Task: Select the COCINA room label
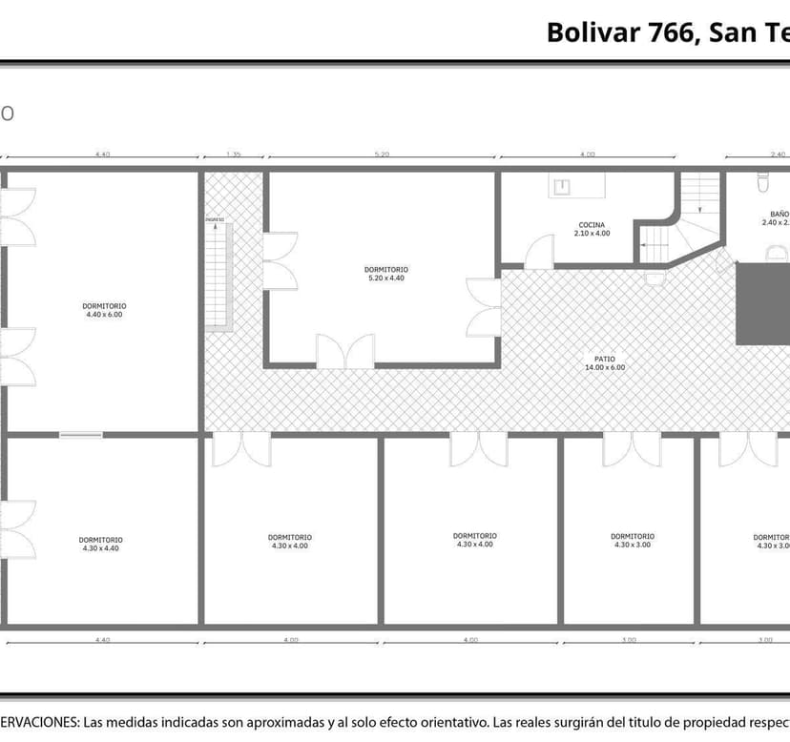pos(591,225)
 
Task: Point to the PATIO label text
pos(604,360)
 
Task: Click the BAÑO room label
pos(780,214)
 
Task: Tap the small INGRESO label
pos(215,219)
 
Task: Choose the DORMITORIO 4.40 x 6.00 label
pos(104,305)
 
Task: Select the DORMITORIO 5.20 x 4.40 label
pos(385,269)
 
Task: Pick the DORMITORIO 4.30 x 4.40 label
pos(100,540)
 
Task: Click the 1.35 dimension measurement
pos(233,154)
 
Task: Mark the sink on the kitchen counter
pos(564,186)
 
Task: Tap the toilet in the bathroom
pos(762,181)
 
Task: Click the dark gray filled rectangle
pos(763,303)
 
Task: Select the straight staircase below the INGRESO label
pos(219,277)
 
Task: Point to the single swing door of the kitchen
pos(540,252)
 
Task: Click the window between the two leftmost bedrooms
pos(81,435)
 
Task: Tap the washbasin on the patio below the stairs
pos(656,278)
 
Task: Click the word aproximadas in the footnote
pos(275,723)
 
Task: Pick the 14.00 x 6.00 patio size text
pos(604,368)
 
